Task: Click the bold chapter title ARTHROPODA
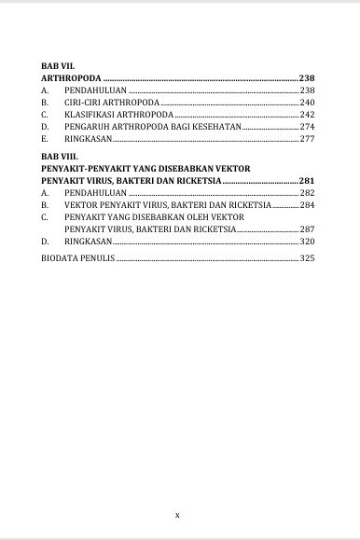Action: [x=71, y=78]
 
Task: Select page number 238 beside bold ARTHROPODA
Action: [x=307, y=78]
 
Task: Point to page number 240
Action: [x=307, y=102]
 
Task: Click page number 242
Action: [x=307, y=114]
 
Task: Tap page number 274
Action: [x=307, y=126]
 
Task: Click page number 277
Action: [x=307, y=138]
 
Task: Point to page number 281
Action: [x=307, y=179]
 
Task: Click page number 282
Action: [x=307, y=191]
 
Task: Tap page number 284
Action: [x=307, y=203]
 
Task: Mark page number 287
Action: [x=307, y=228]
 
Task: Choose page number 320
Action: [x=307, y=241]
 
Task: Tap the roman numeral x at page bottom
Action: [x=178, y=514]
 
